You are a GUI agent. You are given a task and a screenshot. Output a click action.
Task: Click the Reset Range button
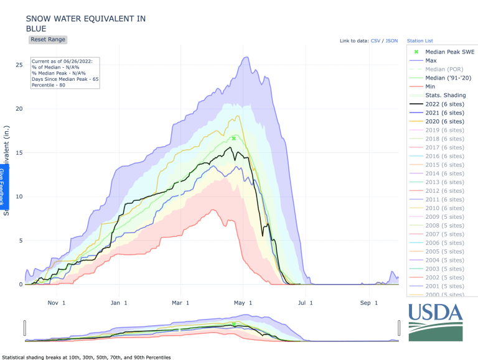(48, 39)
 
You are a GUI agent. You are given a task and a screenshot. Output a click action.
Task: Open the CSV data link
(375, 41)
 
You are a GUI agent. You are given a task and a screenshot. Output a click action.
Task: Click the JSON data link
(391, 41)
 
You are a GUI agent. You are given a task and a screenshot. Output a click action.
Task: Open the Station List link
(420, 41)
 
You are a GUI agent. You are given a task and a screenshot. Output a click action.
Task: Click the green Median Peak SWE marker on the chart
(234, 139)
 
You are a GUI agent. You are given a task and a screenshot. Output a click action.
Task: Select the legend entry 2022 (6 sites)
(444, 104)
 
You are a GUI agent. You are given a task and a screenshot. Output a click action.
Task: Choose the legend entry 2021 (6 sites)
(444, 113)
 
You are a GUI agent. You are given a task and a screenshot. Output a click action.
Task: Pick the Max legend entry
(431, 61)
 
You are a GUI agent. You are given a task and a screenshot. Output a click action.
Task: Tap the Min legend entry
(430, 87)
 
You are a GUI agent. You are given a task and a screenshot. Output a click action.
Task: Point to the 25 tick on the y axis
(19, 65)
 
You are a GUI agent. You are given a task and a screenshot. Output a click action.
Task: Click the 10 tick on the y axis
(19, 196)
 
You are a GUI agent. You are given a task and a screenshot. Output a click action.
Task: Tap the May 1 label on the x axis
(243, 303)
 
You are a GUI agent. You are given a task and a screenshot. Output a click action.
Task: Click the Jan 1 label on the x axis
(118, 303)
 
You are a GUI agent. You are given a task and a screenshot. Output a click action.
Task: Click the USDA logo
(436, 321)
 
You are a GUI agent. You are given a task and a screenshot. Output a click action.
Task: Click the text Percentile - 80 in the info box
(49, 85)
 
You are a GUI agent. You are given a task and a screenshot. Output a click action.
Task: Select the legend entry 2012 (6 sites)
(444, 192)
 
